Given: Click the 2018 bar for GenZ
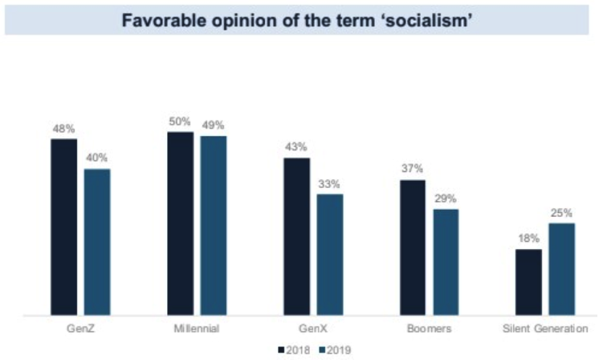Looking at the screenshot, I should pyautogui.click(x=64, y=227).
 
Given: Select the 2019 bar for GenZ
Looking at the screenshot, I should pyautogui.click(x=97, y=242).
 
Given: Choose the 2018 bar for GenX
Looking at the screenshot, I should pyautogui.click(x=297, y=236).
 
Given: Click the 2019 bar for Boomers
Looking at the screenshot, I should pyautogui.click(x=446, y=262).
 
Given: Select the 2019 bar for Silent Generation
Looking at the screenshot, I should pyautogui.click(x=562, y=269).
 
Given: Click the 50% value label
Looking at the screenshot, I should pyautogui.click(x=180, y=121).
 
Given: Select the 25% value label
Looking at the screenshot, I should pyautogui.click(x=562, y=213).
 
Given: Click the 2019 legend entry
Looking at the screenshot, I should pyautogui.click(x=335, y=350).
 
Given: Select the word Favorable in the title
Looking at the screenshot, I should pyautogui.click(x=157, y=19).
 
